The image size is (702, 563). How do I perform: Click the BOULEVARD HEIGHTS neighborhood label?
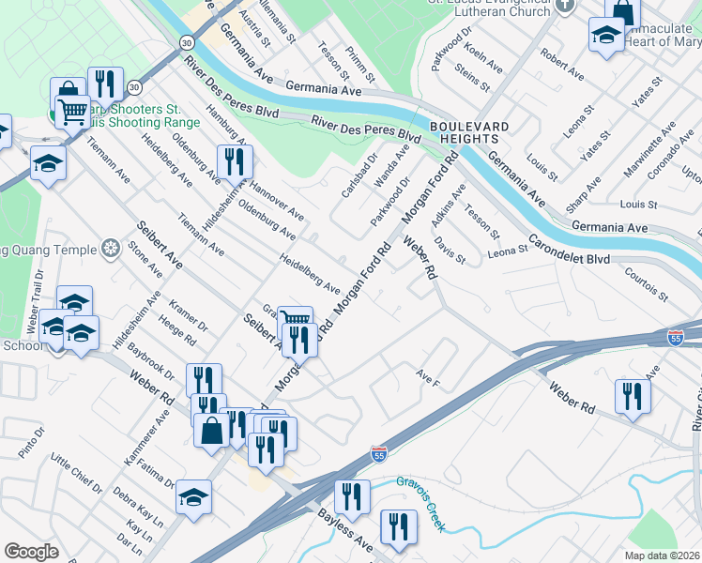469,132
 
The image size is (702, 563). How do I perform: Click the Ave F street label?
428,378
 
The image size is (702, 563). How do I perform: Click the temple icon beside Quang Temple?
111,250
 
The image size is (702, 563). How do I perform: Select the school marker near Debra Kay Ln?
193,498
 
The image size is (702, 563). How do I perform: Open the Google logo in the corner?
30,552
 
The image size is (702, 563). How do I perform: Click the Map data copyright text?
662,555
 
